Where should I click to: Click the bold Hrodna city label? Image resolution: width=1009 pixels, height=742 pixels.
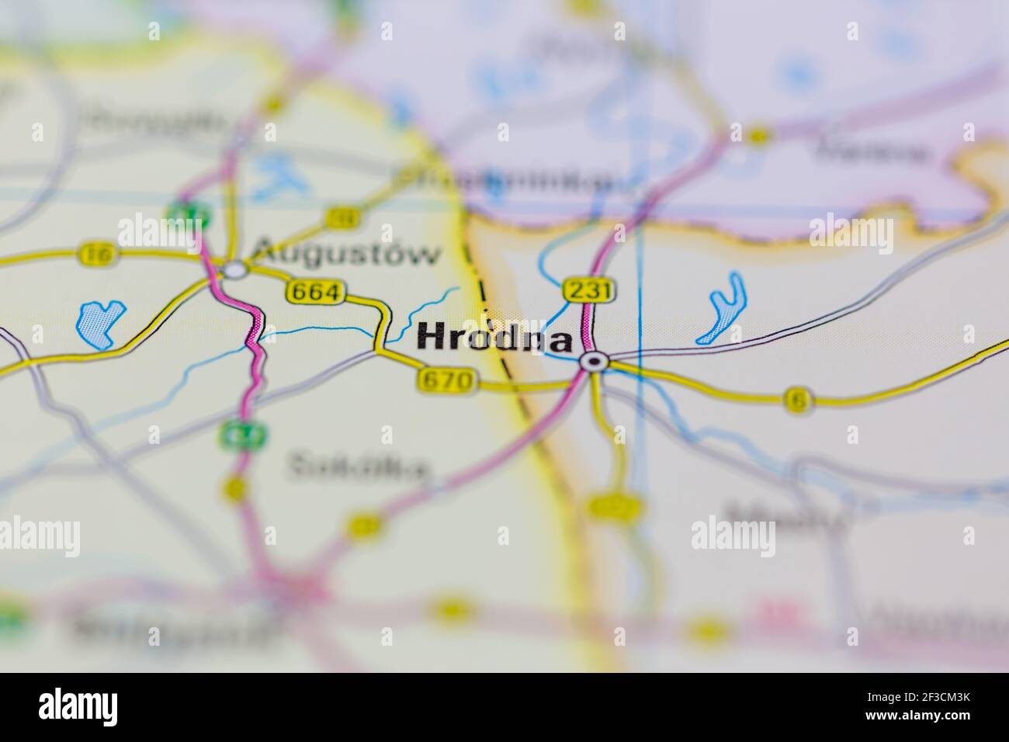pos(495,339)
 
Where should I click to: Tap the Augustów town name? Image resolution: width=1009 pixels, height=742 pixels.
pos(347,253)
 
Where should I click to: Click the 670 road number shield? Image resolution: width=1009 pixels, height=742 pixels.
pos(445,380)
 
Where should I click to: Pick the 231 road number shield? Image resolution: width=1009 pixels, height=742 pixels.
pos(589,290)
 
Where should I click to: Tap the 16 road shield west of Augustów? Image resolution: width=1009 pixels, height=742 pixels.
pos(96,253)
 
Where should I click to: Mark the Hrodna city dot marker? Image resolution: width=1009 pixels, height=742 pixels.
pos(595,361)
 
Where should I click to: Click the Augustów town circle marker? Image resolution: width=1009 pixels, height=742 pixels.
pos(234,270)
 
